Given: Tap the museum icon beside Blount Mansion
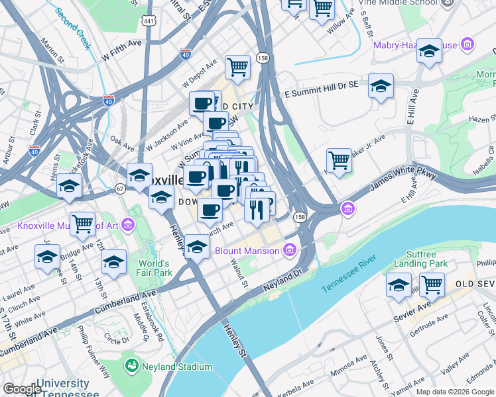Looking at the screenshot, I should click(288, 250).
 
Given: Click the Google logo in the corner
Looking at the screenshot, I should click(22, 389).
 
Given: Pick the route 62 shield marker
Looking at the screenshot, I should click(120, 189).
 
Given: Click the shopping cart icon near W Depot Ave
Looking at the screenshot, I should click(237, 67).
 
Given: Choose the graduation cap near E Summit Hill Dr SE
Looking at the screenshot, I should click(381, 87).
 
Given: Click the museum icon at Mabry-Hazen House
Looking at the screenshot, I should click(468, 45).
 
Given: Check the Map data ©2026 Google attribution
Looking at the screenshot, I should click(455, 391).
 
